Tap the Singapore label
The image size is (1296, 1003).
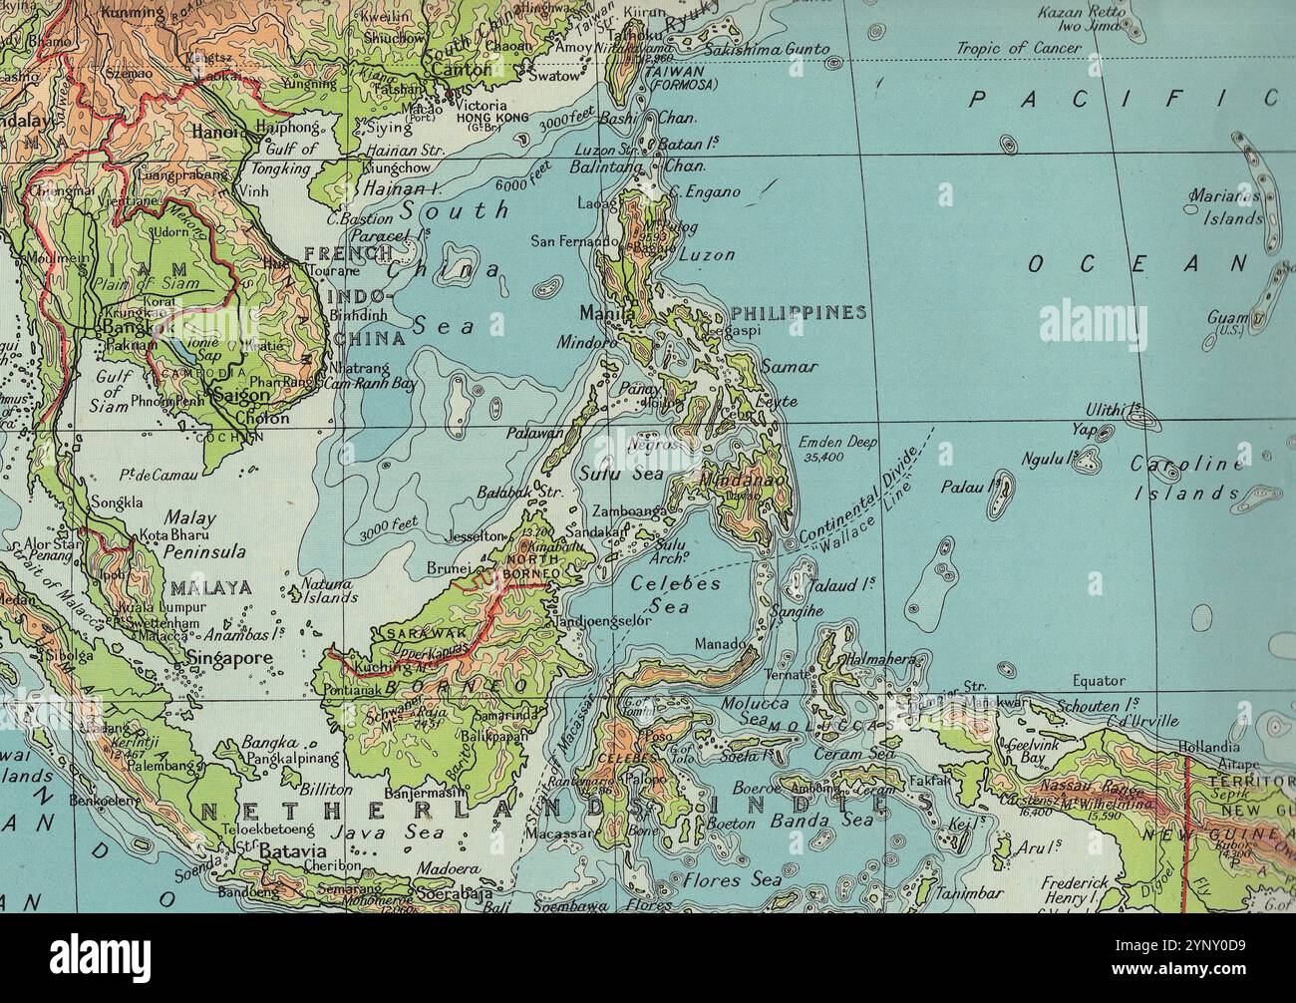pos(229,658)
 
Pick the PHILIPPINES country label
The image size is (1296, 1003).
pos(798,312)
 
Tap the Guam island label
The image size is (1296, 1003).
pos(1221,317)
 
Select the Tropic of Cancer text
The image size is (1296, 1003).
pos(1018,48)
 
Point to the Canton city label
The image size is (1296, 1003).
pos(460,71)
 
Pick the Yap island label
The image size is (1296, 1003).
pos(1085,432)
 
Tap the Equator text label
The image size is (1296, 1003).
pos(1098,681)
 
